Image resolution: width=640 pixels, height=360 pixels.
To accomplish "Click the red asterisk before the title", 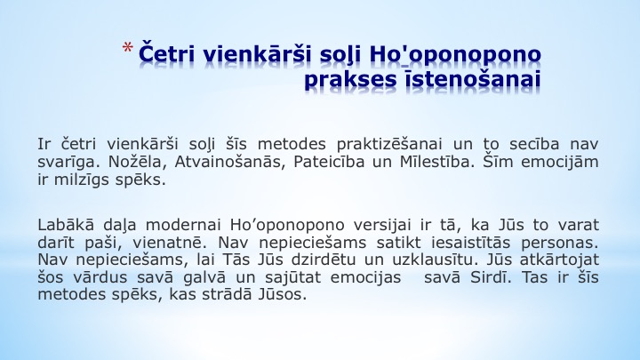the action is coord(127,48).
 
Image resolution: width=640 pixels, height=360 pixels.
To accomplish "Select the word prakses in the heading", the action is coord(350,79).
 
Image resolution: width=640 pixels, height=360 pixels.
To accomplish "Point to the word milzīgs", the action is coord(80,180).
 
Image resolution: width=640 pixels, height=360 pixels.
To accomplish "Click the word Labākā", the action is coord(66,225).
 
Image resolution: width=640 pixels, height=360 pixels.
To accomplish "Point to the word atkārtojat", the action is coord(559,260).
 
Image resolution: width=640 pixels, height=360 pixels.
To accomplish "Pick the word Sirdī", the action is coord(490,277).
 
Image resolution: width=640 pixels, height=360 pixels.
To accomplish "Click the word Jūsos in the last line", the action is coord(282,294).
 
